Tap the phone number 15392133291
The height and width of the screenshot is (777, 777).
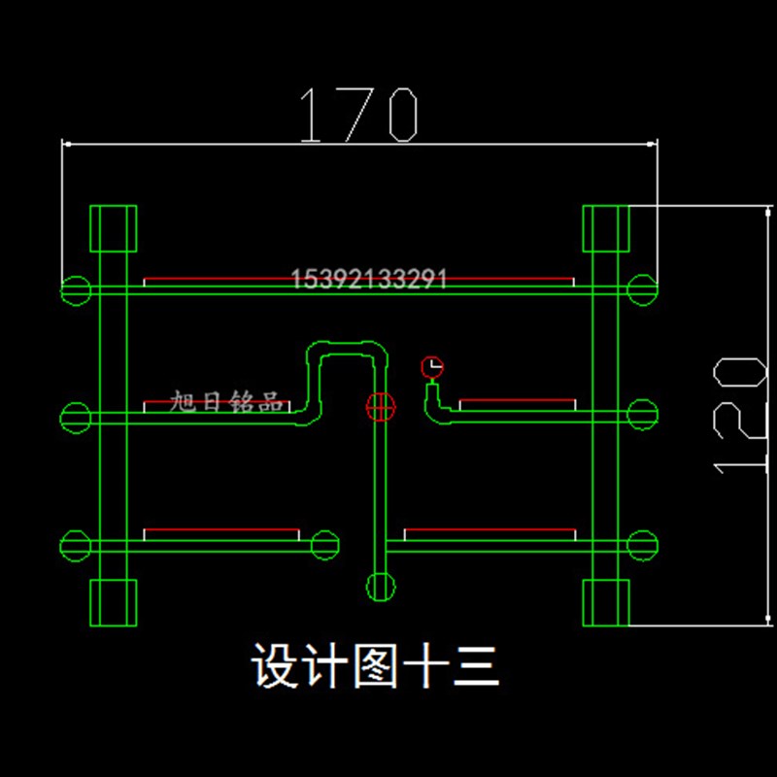[x=369, y=281]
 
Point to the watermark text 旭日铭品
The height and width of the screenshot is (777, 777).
[x=226, y=402]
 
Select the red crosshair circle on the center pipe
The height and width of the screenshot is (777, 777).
[x=381, y=407]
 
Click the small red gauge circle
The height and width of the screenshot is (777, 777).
[x=432, y=367]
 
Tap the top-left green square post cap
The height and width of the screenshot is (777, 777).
[x=113, y=228]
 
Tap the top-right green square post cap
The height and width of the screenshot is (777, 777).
[x=606, y=228]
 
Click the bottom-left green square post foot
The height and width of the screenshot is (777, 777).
[x=113, y=602]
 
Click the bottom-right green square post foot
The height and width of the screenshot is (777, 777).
[x=606, y=602]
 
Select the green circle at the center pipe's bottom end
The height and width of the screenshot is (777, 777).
[x=381, y=587]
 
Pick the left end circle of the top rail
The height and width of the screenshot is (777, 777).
[x=76, y=288]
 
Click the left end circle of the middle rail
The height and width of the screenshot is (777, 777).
[x=76, y=417]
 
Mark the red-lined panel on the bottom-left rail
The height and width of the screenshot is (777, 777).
[x=221, y=534]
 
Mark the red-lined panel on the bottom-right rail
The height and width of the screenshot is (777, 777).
[x=490, y=534]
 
